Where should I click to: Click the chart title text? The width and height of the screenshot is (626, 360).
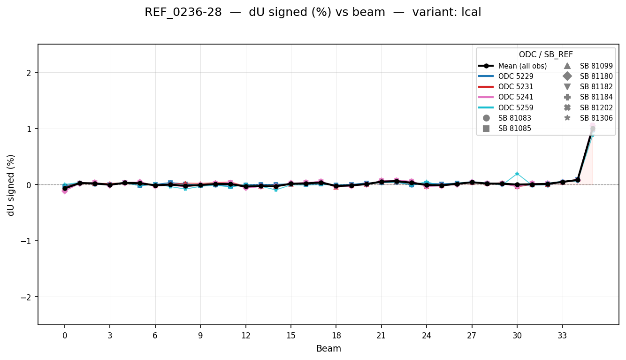313,13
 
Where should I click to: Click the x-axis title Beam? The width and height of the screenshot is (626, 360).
328,349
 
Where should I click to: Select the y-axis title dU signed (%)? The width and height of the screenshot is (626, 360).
11,185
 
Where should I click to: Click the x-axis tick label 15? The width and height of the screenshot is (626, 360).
291,336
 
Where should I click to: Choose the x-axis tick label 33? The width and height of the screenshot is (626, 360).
562,336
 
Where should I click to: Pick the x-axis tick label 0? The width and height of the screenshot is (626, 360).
65,336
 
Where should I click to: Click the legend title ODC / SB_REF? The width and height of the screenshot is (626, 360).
546,55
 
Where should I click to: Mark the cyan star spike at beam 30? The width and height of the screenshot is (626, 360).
517,174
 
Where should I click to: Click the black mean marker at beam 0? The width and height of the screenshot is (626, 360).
65,188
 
